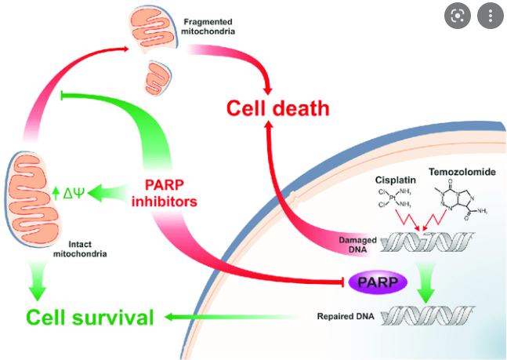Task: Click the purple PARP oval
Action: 378,282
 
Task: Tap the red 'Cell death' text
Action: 277,108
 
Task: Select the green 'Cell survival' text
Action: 90,317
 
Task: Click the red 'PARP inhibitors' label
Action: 165,193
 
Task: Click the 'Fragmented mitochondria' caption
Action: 208,27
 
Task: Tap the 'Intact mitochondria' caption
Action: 80,249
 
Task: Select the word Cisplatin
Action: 396,180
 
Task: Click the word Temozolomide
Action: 462,172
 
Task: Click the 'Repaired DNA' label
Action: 346,316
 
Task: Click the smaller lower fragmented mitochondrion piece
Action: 158,78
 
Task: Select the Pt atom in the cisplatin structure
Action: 393,198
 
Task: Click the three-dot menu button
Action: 491,16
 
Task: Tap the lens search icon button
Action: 457,16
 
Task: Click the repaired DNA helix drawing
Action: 427,315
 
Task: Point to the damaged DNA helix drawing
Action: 427,242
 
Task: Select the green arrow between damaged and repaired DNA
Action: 426,282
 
